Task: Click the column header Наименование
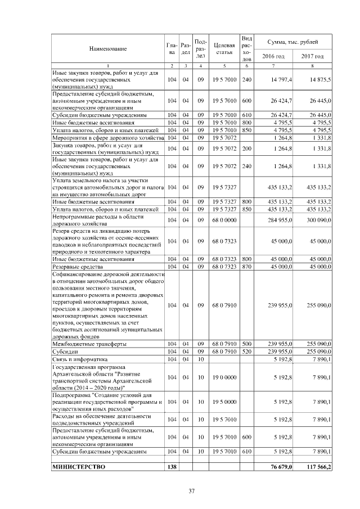coord(107,49)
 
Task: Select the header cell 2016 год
coord(273,56)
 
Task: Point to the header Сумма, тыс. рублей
coord(292,42)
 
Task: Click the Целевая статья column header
coord(223,49)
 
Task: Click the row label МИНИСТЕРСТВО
coord(78,467)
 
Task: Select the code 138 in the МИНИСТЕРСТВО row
coord(172,467)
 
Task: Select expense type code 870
coord(246,267)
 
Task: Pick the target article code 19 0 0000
coord(223,377)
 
